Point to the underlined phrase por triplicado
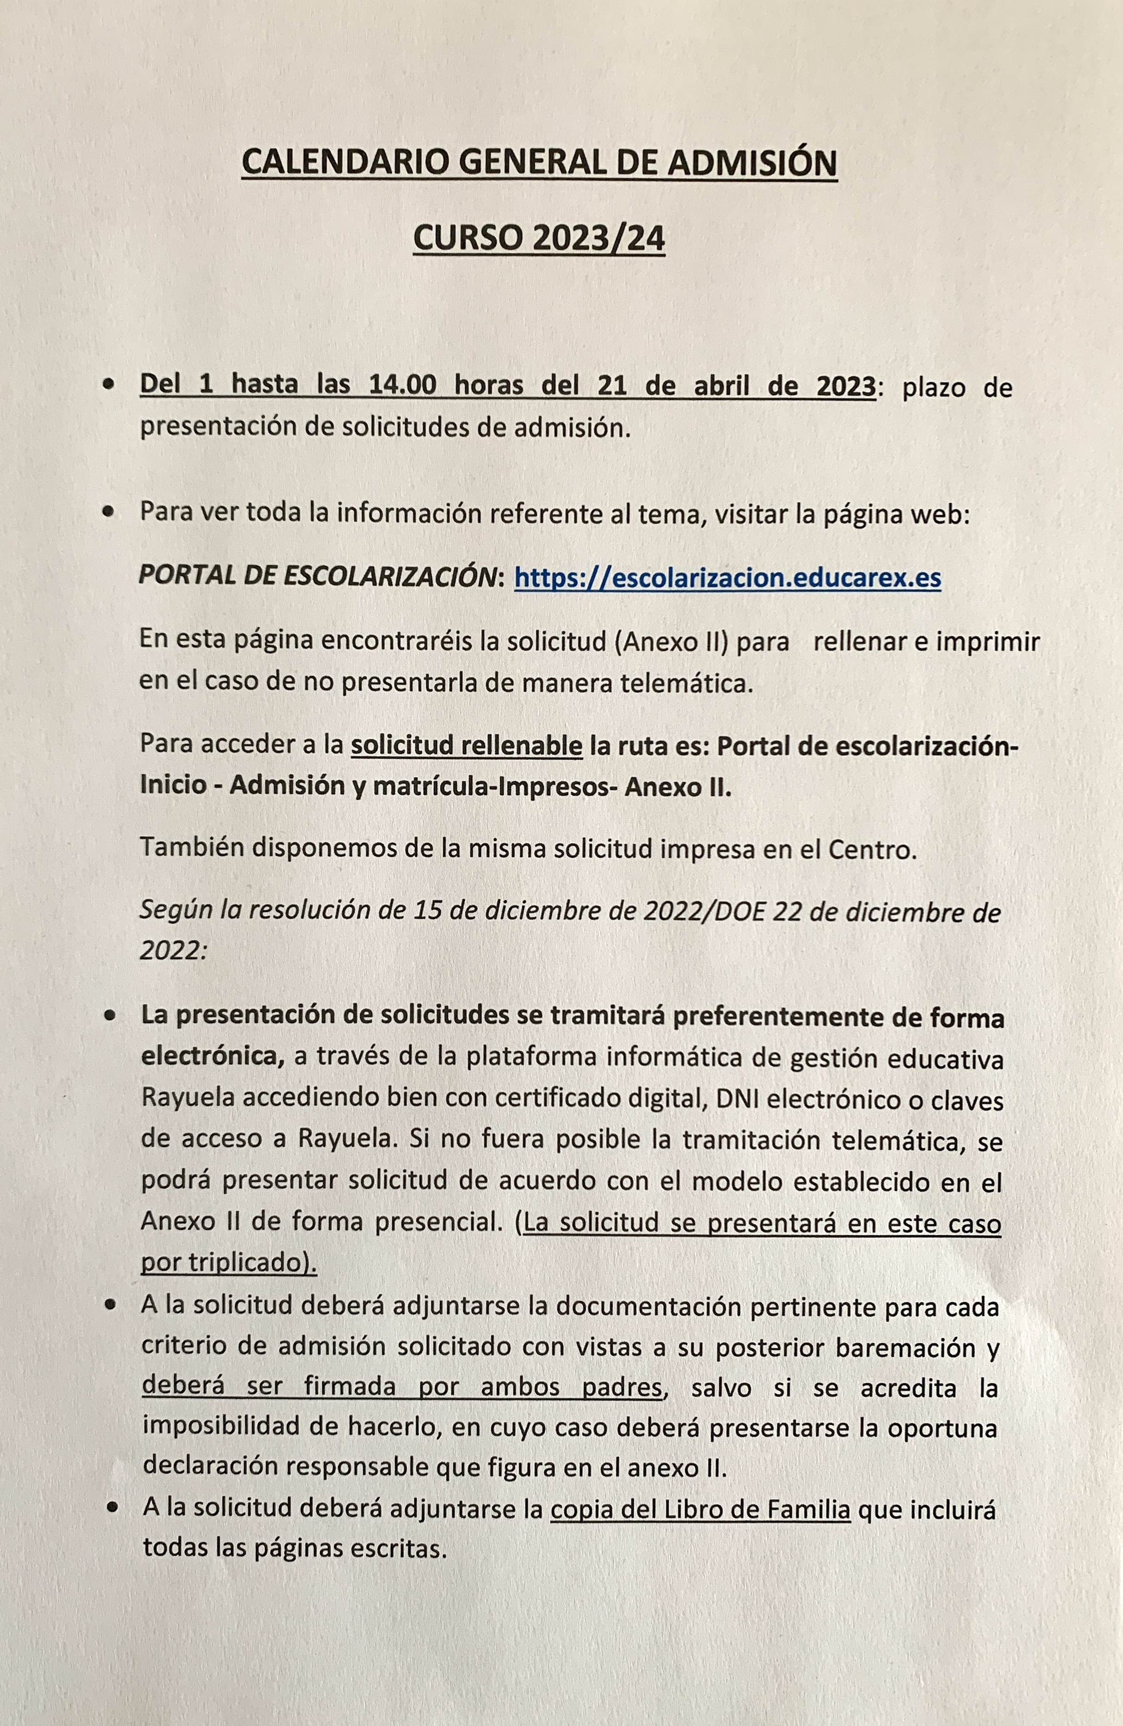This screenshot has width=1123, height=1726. point(226,1262)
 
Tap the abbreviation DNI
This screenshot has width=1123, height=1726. point(737,1099)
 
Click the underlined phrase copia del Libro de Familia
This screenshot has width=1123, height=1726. point(700,1511)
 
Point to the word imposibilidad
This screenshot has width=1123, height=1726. point(218,1428)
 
